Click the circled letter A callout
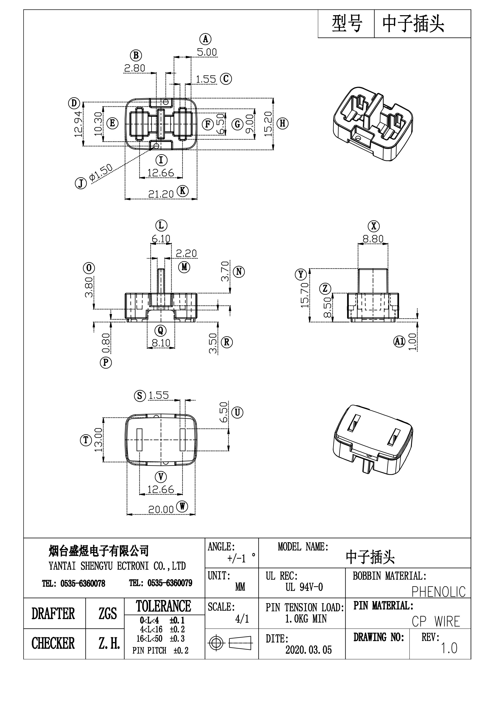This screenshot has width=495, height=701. coord(205,39)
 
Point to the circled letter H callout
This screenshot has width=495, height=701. coord(283,123)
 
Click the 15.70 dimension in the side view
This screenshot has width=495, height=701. coord(304,295)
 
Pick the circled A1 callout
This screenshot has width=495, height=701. coord(399,341)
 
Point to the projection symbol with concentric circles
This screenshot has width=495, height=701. coord(215,643)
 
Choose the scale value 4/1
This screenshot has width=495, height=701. coord(242,619)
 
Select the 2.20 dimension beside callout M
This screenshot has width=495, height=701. coord(186,253)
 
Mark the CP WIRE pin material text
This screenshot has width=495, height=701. coord(436,622)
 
